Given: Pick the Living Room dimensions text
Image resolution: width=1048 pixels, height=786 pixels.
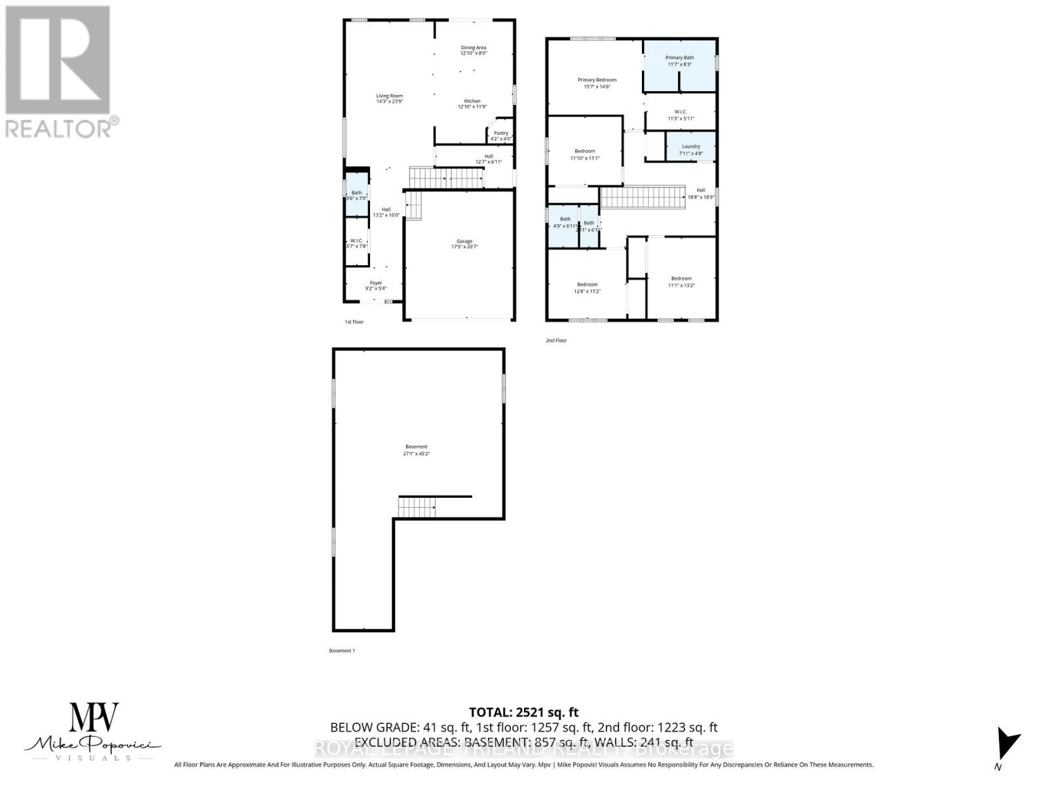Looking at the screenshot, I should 389,102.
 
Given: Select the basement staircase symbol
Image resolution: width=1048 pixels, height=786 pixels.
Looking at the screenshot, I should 417,507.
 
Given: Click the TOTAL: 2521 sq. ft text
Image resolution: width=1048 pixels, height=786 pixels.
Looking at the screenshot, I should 523,712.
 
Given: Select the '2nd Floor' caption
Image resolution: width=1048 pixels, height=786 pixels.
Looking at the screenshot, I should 556,341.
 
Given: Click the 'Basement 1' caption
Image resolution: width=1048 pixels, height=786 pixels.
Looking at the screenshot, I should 341,650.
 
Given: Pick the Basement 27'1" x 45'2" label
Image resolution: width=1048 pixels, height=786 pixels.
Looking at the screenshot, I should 416,450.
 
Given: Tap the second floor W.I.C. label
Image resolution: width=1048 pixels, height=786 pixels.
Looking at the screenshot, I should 680,115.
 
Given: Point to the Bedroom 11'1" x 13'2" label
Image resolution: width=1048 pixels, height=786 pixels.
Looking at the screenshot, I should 681,282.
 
